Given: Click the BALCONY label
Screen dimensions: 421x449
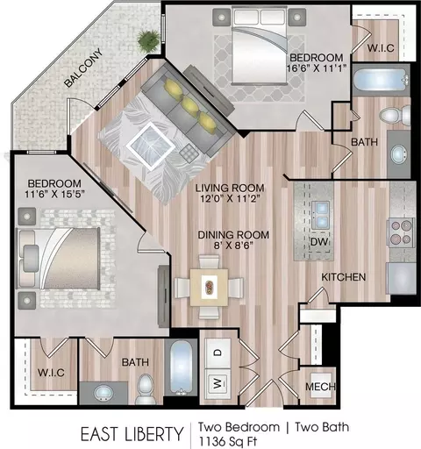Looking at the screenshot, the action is pos(83,68).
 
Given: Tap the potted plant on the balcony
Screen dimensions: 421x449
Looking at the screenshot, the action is pos(149,40).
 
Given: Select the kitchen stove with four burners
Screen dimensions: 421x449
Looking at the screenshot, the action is pos(401,232).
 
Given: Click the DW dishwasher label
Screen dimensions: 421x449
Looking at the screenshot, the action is pos(319,242).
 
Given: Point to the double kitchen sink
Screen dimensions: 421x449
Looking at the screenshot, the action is pos(320,216).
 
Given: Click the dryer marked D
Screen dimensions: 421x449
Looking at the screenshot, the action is pos(218,353).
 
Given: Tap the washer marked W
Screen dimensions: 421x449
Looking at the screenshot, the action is pos(218,383).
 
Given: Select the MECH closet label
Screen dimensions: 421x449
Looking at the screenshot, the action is pos(320,387).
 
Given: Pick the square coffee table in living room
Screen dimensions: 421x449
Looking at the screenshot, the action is pos(151,146).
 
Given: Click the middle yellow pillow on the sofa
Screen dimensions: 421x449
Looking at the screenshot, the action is pos(189,105).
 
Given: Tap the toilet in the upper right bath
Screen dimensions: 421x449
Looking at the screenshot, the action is pos(396,115).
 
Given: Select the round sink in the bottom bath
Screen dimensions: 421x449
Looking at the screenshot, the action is pos(103,394).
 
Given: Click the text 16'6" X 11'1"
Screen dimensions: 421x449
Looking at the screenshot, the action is pos(316,68).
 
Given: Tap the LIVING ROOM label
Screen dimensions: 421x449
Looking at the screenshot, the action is pos(230,188).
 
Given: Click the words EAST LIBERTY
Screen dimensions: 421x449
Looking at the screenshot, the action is pos(132,434).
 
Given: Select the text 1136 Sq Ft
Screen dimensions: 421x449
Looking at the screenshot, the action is pos(228,442).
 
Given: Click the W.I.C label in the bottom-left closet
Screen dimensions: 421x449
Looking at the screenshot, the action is pos(51,373).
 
